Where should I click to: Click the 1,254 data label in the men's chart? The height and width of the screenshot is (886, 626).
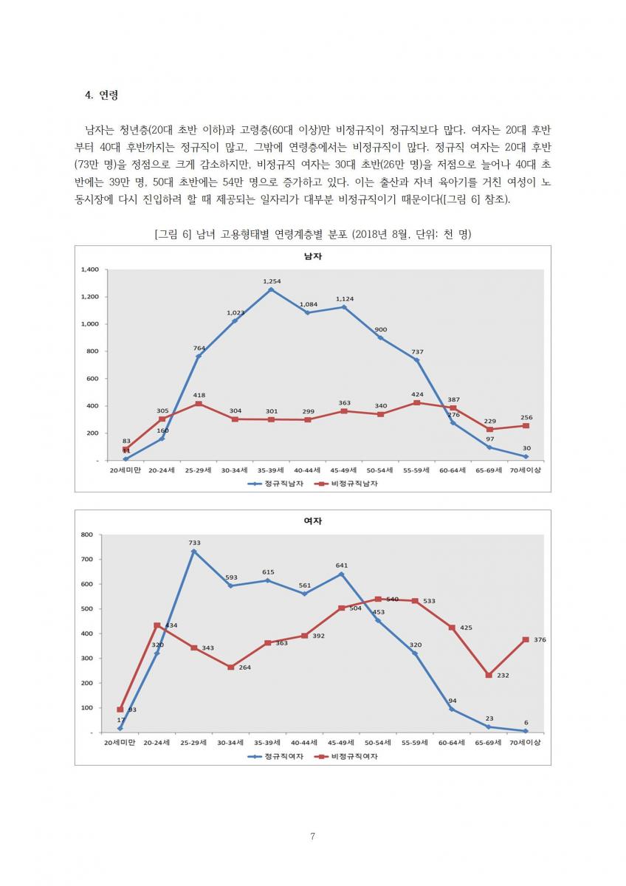point(271,281)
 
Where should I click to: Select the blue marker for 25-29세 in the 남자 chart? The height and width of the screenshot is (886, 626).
point(199,356)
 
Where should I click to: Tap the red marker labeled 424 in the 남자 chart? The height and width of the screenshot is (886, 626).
point(417,402)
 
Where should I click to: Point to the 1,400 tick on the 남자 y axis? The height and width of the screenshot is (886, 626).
point(89,269)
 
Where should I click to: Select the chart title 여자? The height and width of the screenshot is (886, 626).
point(312,521)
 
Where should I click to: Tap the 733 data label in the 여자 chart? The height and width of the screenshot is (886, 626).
point(194,543)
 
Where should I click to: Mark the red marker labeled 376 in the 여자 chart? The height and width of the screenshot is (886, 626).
point(526,639)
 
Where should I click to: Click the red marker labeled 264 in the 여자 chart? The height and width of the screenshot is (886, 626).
point(231,667)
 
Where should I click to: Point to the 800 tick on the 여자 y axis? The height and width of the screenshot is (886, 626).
point(86,535)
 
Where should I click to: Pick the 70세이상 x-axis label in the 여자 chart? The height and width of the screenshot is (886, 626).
point(525,742)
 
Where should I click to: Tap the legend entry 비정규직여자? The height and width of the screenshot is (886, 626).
point(351,757)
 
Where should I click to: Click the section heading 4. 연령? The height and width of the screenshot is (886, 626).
point(102,95)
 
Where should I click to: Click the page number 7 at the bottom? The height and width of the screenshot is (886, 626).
point(312,837)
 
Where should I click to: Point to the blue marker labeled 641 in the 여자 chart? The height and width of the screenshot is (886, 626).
point(342,574)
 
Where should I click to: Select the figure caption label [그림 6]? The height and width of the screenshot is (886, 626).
point(174,234)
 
